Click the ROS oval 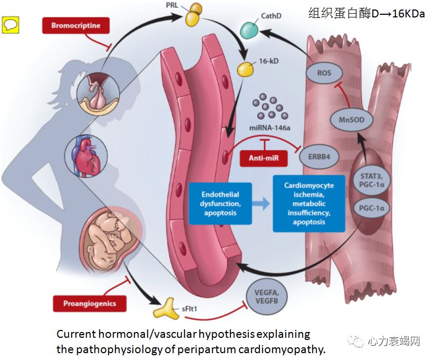[x=325, y=73]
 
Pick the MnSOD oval [x=351, y=120]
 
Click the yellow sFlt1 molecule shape [x=168, y=308]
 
